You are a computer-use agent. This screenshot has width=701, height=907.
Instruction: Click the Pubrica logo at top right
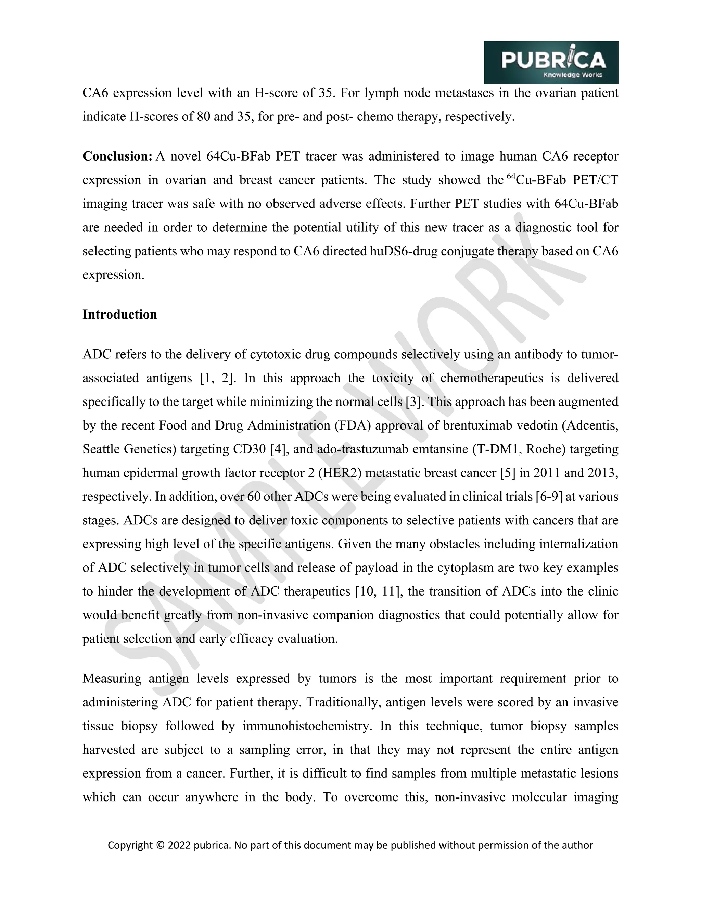(x=551, y=62)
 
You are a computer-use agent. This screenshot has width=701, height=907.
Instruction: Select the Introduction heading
(x=119, y=315)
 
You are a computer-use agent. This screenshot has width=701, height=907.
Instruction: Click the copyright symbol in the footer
(x=160, y=845)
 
